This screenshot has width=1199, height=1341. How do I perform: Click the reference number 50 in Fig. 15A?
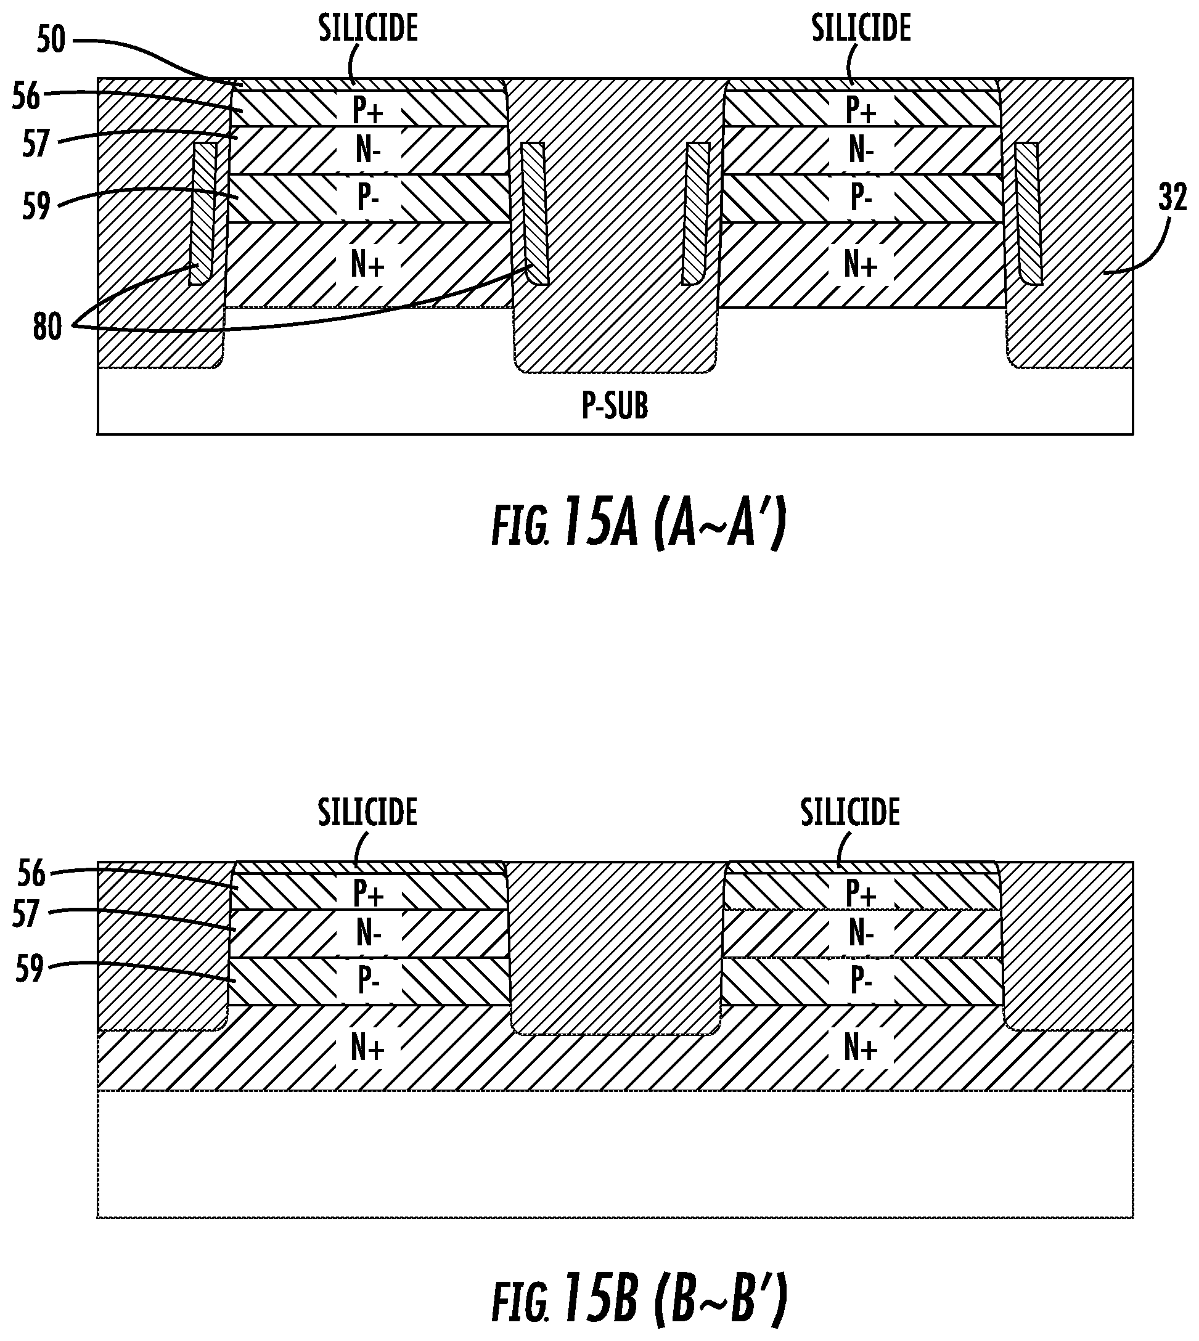point(51,40)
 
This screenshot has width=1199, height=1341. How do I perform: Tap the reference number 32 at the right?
point(1172,198)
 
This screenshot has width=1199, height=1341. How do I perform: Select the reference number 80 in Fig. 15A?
point(47,327)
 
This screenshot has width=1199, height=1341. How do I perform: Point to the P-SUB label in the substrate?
point(615,406)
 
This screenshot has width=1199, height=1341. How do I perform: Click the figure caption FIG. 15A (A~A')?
point(639,527)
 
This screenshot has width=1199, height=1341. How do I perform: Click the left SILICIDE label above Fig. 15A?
point(368,29)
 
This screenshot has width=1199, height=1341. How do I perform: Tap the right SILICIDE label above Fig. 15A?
point(861,29)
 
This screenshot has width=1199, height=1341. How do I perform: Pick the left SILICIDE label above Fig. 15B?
point(367,813)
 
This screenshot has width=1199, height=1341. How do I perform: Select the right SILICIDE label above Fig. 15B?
point(850,813)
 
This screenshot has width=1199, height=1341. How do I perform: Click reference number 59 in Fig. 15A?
point(36,206)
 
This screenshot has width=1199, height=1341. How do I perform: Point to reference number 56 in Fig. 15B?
point(30,874)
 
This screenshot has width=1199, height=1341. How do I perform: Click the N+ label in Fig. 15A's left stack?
point(367,266)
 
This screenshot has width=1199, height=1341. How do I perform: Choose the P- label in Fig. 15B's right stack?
point(861,981)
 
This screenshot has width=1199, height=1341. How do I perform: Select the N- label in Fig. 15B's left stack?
point(367,933)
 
